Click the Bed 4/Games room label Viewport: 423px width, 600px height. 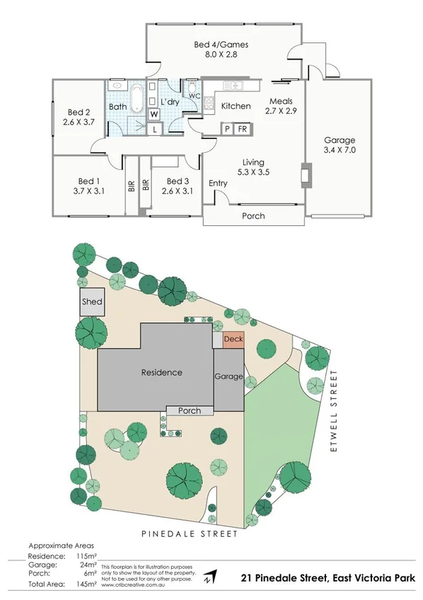[221, 45]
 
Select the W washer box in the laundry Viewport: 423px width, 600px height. [153, 115]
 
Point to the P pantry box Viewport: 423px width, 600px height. [228, 129]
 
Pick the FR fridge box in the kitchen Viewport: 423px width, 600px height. [242, 129]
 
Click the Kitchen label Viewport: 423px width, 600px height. [236, 106]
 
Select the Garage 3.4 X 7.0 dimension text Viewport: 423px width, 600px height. [340, 150]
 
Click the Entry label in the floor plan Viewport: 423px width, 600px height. [218, 183]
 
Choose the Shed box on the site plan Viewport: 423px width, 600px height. [92, 302]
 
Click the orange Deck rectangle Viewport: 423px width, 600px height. [233, 339]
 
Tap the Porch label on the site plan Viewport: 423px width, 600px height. [189, 411]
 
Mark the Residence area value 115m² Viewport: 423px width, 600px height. [86, 557]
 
